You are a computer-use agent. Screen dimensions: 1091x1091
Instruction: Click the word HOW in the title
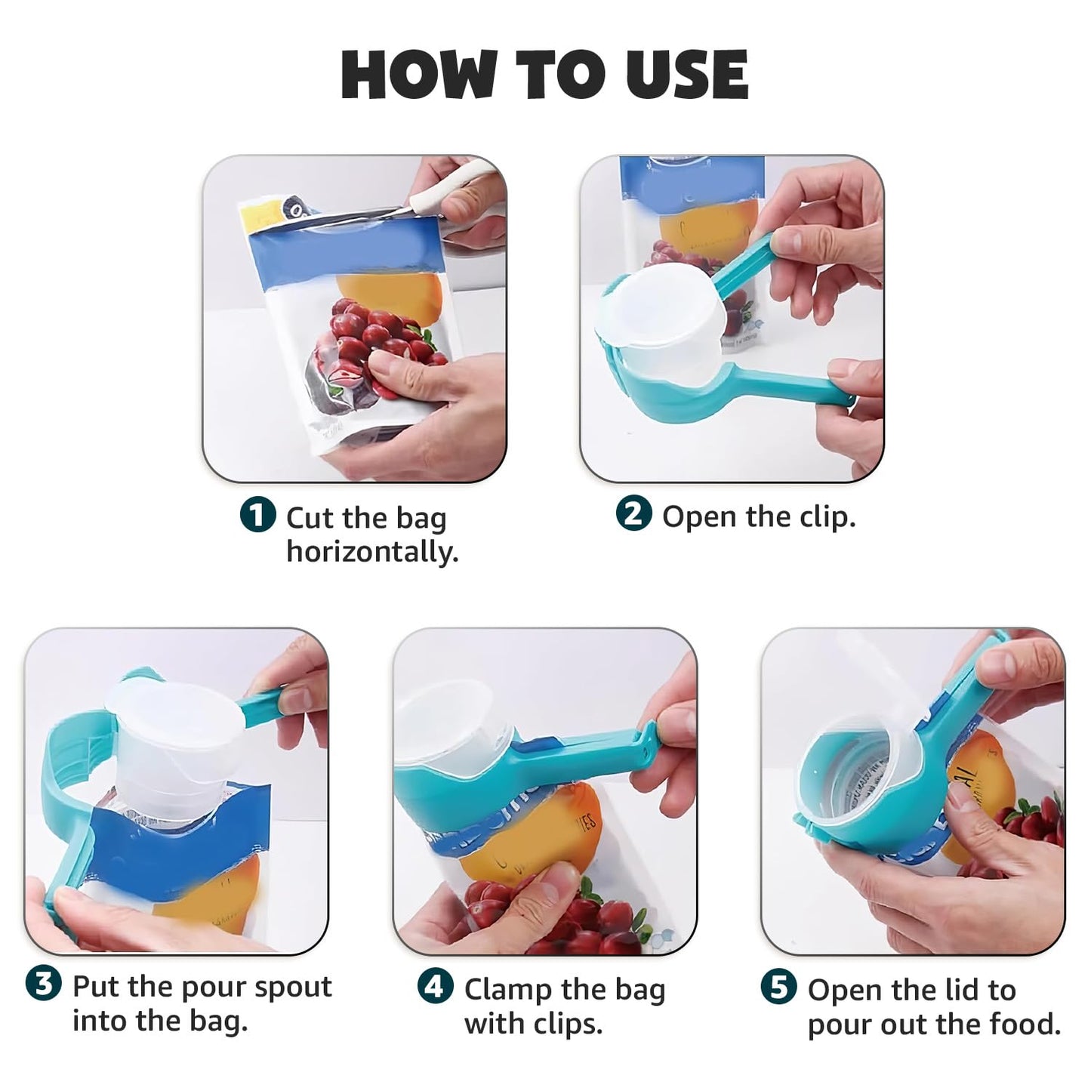(418, 75)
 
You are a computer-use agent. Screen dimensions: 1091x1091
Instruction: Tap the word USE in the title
(687, 75)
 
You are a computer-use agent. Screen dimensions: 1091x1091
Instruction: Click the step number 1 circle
(258, 515)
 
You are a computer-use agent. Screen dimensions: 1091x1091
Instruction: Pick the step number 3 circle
(44, 984)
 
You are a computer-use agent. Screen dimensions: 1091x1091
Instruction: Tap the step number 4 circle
(436, 986)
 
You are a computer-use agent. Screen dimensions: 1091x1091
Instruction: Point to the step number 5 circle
(780, 986)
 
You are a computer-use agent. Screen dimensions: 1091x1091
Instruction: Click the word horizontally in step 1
(372, 551)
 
